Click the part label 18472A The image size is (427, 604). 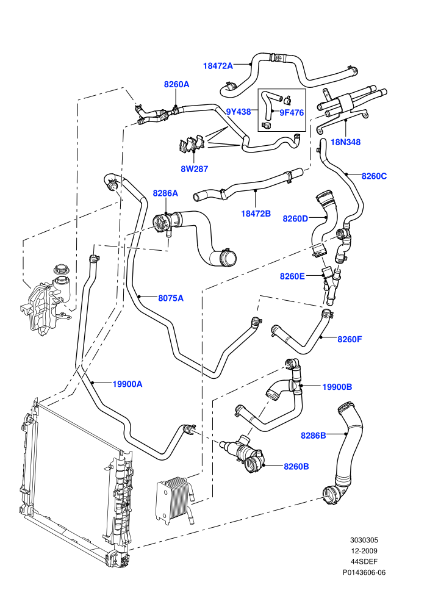[218, 66]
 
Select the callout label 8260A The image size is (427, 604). [177, 84]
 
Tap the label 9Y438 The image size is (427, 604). [239, 112]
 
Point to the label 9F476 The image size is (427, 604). [292, 112]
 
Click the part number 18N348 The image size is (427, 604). [346, 142]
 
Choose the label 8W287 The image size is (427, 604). [195, 169]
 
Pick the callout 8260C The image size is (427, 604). [375, 176]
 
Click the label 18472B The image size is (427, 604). [256, 214]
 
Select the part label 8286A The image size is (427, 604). [165, 193]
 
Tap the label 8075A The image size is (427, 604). [171, 298]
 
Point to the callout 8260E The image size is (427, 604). [292, 276]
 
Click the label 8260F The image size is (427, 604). [350, 339]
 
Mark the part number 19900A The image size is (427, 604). [127, 384]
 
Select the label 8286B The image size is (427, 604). [314, 435]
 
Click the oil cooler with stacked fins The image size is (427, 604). [176, 500]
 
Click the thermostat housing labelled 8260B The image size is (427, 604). [243, 453]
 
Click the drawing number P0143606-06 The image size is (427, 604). [364, 572]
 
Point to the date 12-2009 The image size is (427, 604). [364, 551]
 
